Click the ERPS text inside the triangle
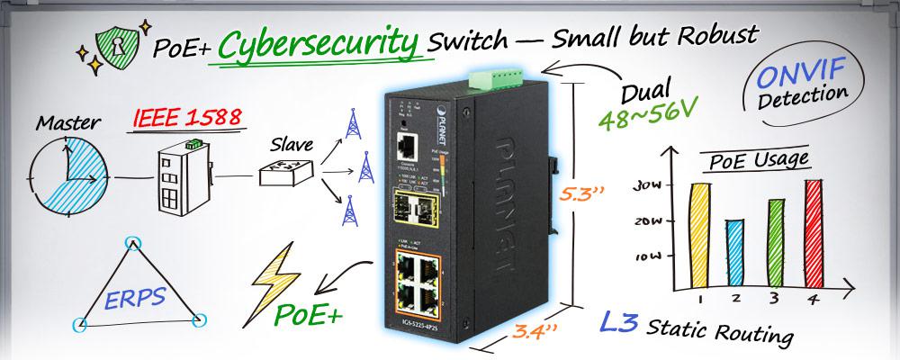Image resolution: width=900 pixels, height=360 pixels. click(x=139, y=298)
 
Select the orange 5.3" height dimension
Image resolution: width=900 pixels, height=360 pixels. click(x=578, y=193)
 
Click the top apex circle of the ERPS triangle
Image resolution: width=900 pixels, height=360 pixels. click(x=134, y=242)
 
